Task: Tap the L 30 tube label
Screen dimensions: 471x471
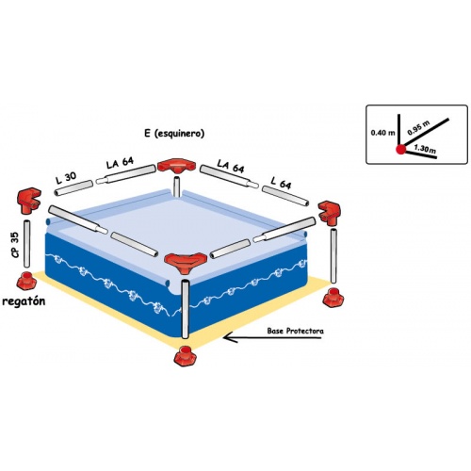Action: (x=66, y=177)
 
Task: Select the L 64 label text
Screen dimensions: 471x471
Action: (x=281, y=183)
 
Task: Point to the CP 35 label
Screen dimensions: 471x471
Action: (x=15, y=245)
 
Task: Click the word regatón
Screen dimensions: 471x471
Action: (x=24, y=301)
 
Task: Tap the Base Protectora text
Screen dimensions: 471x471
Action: (x=295, y=331)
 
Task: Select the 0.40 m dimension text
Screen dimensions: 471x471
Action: (x=382, y=133)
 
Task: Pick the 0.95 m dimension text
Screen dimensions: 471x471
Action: (x=418, y=128)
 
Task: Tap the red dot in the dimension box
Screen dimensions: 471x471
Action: (x=400, y=150)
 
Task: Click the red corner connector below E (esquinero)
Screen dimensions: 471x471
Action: (x=176, y=166)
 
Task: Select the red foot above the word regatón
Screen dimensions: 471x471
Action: (x=26, y=281)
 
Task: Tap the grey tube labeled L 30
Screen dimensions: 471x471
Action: (x=73, y=187)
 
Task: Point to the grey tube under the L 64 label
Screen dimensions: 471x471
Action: (x=285, y=196)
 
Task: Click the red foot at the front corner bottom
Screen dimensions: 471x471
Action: (x=186, y=356)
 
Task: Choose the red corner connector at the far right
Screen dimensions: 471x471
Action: (x=330, y=213)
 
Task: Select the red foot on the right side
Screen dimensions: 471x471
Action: (x=334, y=298)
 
